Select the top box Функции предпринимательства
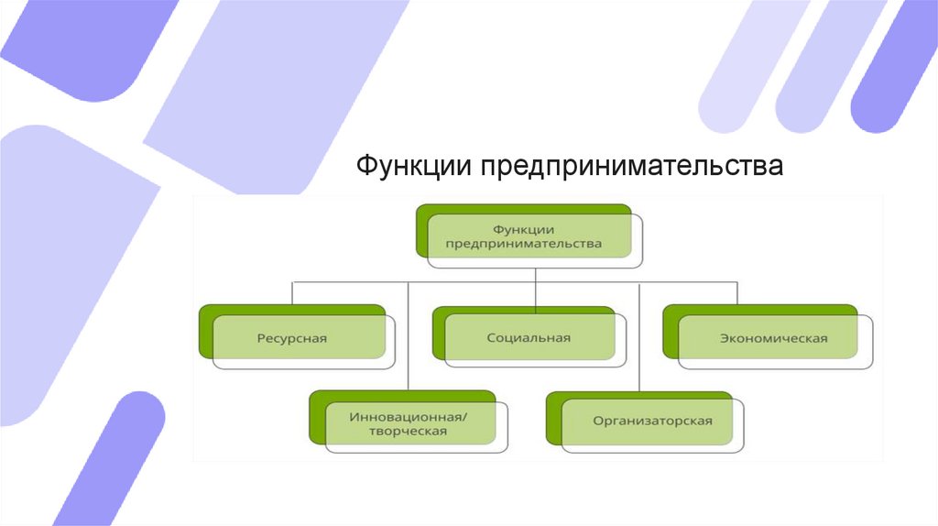pos(529,236)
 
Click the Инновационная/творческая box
pos(409,422)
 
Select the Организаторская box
pos(645,422)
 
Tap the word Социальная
pos(529,338)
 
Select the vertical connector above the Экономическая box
pos(738,292)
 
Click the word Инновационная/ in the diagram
pos(409,415)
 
